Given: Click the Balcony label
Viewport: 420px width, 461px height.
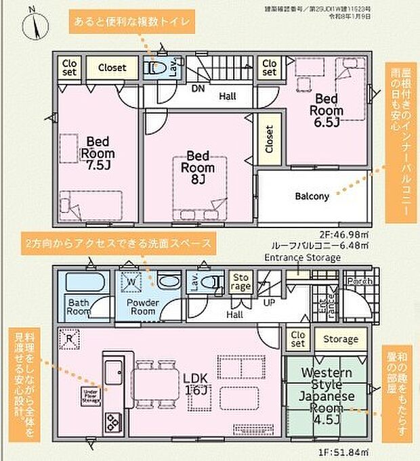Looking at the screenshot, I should tap(312, 197).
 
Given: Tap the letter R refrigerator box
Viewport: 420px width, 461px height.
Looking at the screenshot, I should tap(69, 336).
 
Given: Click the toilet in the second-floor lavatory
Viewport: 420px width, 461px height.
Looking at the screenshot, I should tap(155, 68).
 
